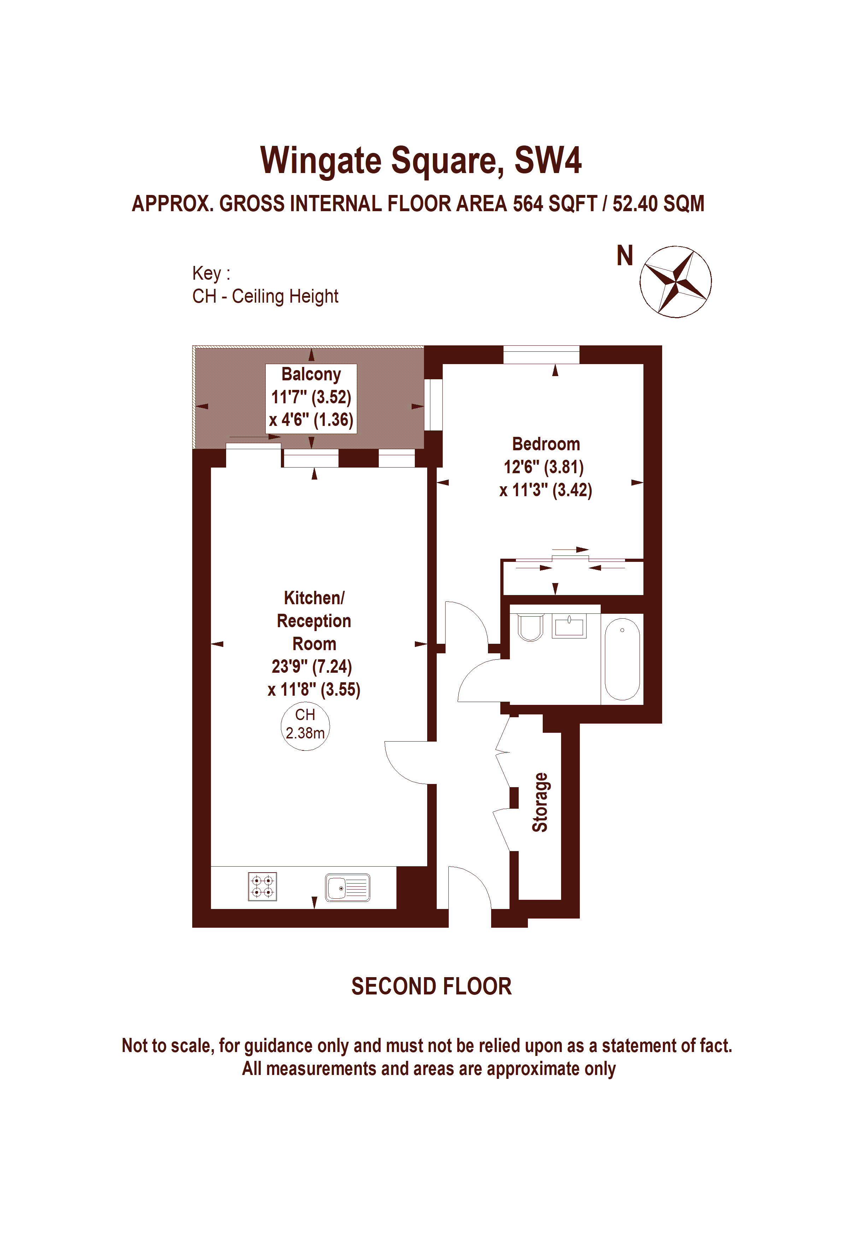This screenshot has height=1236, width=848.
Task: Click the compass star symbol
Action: [675, 282]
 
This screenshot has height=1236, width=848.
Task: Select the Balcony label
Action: [311, 374]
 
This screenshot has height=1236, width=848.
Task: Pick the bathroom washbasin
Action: [569, 626]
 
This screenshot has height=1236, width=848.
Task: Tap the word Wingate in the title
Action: [321, 161]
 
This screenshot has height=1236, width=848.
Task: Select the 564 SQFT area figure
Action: [555, 204]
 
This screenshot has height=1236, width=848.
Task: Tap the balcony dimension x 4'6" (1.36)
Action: [311, 420]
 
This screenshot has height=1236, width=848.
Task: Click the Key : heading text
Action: [211, 273]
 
